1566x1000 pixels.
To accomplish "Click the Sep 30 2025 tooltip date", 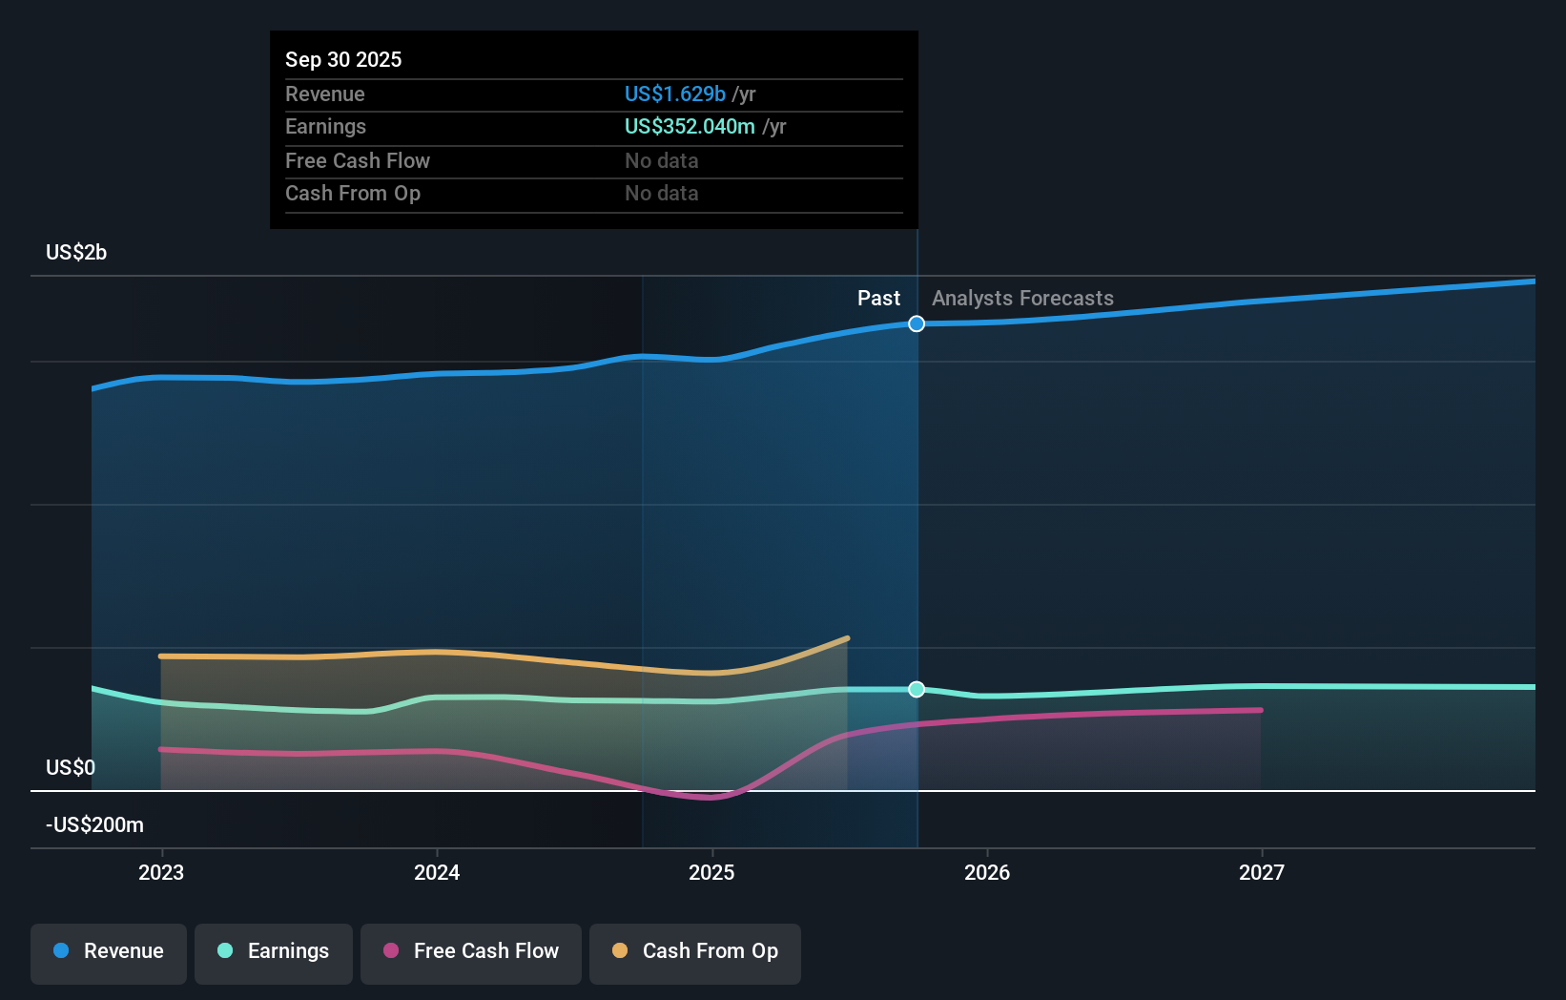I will point(343,59).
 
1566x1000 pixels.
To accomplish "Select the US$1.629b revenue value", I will point(674,94).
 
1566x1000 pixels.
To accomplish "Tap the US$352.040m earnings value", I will point(689,126).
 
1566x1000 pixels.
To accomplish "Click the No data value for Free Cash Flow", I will point(661,160).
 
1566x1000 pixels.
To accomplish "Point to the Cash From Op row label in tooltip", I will point(353,193).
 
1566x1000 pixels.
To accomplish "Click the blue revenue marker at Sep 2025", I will point(917,323).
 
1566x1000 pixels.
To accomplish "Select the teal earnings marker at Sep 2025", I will point(917,689).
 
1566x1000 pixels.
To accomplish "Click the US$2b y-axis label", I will point(76,252).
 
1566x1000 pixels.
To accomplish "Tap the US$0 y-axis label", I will point(71,767).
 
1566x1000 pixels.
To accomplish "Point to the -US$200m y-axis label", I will point(94,824).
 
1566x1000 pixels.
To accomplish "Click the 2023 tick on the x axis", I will point(161,872).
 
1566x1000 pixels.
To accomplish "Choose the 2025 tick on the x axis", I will point(711,872).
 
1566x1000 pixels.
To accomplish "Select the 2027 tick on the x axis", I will point(1261,872).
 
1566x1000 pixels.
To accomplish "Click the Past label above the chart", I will point(878,298).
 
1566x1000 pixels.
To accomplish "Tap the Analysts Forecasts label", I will point(1022,298).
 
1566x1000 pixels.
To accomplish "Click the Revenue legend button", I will point(109,952).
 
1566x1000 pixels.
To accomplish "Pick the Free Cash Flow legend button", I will point(471,952).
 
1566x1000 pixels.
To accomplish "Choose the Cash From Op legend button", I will point(695,952).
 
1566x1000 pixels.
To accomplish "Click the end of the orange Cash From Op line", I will point(847,638).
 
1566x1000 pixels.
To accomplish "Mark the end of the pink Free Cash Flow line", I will point(1260,710).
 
